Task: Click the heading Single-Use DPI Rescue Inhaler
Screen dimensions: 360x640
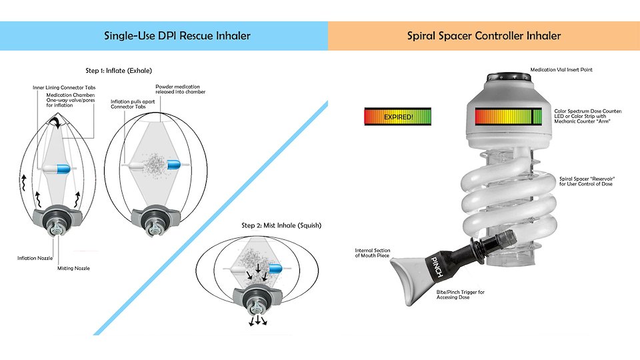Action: pos(177,35)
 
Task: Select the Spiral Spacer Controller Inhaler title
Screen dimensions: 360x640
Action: pos(484,35)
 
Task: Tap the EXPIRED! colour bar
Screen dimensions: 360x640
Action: pos(397,117)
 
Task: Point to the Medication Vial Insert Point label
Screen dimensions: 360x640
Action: pos(561,69)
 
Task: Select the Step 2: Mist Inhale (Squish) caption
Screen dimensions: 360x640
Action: pos(281,225)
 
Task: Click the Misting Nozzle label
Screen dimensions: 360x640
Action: pos(75,267)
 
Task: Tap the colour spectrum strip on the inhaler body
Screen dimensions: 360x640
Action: pos(509,117)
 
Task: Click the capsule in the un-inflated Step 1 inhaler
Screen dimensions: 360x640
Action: pos(60,168)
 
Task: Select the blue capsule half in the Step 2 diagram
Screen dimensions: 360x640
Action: pos(273,267)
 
